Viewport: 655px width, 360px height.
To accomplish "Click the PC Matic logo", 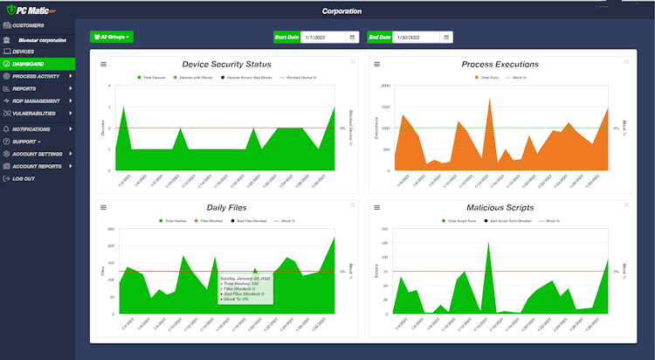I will tap(31, 10).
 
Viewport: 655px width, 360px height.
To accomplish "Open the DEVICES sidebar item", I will tap(24, 52).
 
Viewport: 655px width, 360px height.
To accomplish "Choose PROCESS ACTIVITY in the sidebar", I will tap(36, 76).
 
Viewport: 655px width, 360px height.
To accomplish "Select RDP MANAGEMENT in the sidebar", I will tap(36, 100).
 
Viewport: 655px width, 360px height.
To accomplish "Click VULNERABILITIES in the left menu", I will tap(34, 113).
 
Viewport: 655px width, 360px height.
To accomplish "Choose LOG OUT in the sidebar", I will tap(24, 178).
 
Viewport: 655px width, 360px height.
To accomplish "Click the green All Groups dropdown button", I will tap(112, 38).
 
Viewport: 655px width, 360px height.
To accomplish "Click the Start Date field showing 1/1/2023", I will tap(323, 38).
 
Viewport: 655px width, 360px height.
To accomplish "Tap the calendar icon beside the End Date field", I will tap(446, 38).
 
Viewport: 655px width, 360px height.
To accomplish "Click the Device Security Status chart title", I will tap(226, 65).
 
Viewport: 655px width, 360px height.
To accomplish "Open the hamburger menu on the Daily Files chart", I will tap(103, 208).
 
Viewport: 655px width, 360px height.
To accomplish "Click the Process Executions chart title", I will tap(500, 65).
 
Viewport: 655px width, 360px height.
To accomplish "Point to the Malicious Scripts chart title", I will tap(500, 208).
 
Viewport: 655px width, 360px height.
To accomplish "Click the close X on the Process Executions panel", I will tap(621, 61).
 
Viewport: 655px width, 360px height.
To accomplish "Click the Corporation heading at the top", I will tap(342, 11).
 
